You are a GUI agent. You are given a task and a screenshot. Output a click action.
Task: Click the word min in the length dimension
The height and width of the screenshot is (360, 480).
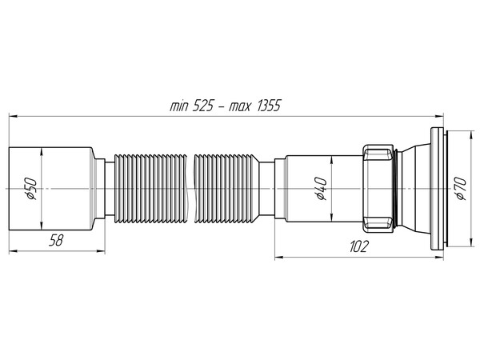[180, 106]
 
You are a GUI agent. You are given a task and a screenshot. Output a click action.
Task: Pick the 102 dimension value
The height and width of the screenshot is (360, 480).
[358, 246]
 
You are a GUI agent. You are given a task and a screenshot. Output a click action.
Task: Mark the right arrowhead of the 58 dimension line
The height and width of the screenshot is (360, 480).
[89, 250]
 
